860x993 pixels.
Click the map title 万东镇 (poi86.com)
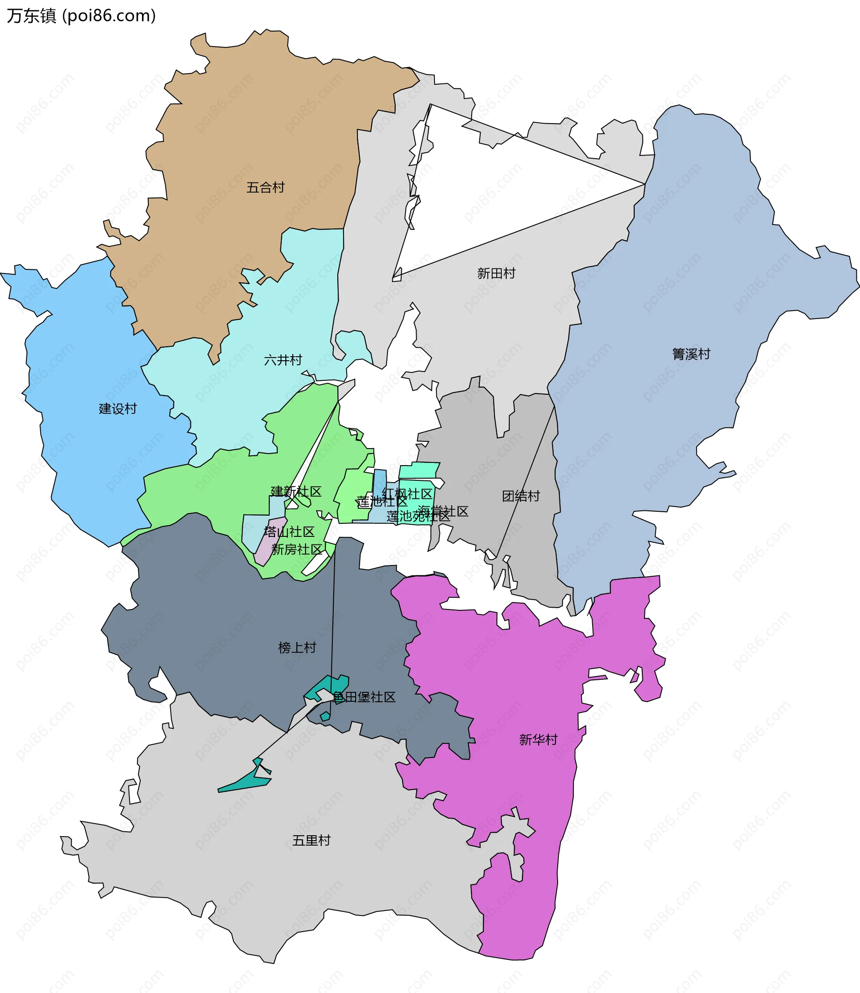click(x=81, y=16)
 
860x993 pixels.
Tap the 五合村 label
click(x=265, y=187)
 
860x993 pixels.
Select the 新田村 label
click(x=496, y=273)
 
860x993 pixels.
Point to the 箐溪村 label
click(x=691, y=354)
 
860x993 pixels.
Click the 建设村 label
click(x=117, y=409)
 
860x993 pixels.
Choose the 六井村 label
click(x=283, y=360)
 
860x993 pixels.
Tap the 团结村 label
click(x=521, y=496)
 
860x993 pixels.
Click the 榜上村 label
click(x=297, y=648)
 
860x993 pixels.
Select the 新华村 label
click(x=538, y=739)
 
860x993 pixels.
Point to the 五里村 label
click(x=311, y=840)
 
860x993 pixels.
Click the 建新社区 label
click(x=296, y=491)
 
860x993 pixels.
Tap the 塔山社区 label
click(x=289, y=531)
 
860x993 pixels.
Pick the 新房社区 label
click(x=297, y=549)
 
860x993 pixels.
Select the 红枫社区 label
click(x=408, y=494)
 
